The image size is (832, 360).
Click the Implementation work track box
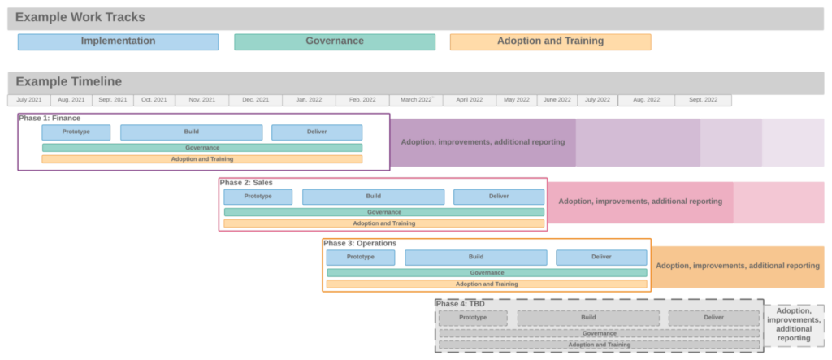118,41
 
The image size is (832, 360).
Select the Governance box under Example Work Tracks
334,41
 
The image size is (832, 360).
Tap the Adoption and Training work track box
550,41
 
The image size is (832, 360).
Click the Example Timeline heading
69,81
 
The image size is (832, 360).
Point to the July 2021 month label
29,100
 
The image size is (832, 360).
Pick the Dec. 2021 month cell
255,100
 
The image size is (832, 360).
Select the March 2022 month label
416,100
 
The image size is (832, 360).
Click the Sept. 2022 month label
703,100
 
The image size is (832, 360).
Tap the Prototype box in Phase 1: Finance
76,132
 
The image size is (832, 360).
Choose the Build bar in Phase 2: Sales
373,197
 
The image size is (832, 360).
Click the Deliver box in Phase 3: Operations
601,257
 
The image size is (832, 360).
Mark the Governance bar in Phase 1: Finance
202,148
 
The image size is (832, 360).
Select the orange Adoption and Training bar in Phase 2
383,223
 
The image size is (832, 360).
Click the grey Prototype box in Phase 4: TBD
473,317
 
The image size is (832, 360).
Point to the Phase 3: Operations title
360,243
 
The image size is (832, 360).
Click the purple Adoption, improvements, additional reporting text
483,142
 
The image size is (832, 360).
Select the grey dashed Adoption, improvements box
793,324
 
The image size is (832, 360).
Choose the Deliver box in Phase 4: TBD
713,317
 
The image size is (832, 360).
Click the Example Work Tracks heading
80,17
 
